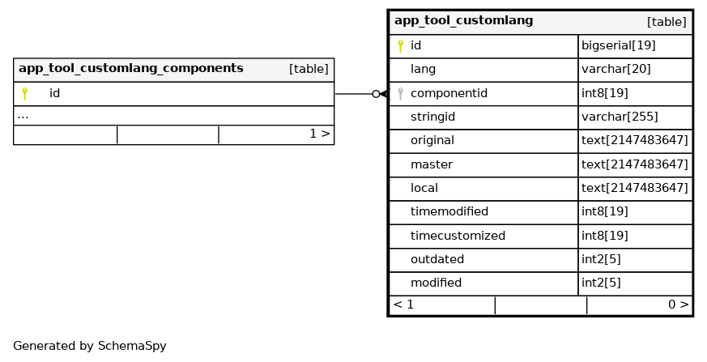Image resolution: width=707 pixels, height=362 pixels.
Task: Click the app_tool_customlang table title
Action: [463, 21]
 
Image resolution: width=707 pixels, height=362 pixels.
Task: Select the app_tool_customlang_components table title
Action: [130, 69]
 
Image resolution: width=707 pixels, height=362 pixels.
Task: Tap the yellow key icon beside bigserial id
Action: [400, 46]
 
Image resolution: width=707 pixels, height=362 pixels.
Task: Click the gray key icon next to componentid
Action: [400, 93]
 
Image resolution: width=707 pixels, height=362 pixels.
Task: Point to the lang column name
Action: [423, 70]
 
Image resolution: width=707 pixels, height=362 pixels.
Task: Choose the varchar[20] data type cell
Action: [615, 70]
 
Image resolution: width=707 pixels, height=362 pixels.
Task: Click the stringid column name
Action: [432, 117]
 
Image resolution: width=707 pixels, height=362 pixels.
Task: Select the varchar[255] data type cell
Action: [619, 117]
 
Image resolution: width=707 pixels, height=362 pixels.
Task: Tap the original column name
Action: [432, 141]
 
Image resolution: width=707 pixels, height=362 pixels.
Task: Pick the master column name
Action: [431, 164]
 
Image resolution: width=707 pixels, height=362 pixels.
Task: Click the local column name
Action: [424, 188]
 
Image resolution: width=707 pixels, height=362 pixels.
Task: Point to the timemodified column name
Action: [449, 212]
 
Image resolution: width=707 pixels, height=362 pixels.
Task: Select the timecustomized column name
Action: [458, 236]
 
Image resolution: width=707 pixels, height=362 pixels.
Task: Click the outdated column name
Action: [437, 260]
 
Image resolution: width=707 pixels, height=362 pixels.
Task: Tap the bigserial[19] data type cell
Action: [618, 46]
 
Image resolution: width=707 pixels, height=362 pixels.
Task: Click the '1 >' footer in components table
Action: [319, 134]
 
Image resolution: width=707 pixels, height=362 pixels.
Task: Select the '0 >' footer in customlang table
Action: [678, 305]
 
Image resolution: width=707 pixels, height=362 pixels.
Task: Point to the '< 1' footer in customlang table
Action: [403, 305]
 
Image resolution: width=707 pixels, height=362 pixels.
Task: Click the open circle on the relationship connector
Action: [376, 94]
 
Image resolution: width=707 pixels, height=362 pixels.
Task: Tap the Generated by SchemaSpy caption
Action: [89, 346]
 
